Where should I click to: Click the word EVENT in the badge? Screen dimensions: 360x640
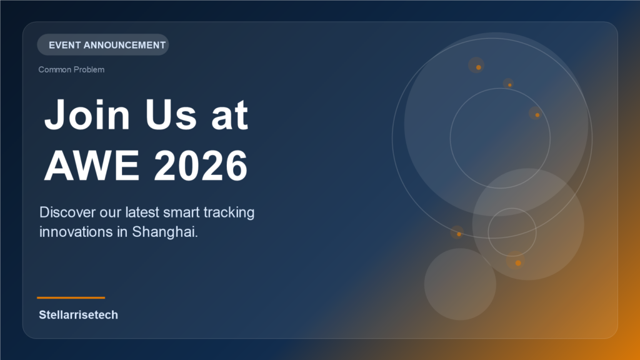point(64,45)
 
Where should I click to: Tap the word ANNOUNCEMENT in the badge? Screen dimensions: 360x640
point(124,45)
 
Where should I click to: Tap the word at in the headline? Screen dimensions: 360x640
point(228,116)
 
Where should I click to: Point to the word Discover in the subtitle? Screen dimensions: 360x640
point(66,212)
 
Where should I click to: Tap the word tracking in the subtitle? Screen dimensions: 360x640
point(231,212)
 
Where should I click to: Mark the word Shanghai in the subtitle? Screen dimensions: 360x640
point(165,232)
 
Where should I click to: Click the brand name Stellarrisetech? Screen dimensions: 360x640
point(78,315)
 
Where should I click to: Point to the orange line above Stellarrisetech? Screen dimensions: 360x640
point(71,297)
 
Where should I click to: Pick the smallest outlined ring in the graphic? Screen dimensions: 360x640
point(512,231)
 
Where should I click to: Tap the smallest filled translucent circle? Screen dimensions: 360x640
point(460,284)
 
